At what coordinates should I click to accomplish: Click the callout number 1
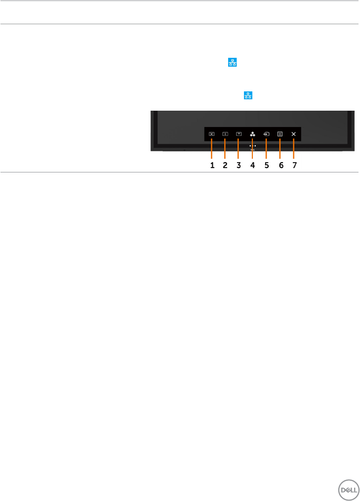click(212, 165)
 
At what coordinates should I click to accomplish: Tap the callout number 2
click(225, 165)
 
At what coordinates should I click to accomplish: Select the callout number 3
click(239, 165)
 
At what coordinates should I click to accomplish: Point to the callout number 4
click(252, 165)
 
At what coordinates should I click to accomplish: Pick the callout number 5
click(266, 165)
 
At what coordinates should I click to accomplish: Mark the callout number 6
click(281, 165)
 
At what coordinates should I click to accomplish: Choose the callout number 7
click(294, 165)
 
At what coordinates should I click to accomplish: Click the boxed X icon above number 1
click(211, 133)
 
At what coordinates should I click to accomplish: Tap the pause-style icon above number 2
click(225, 133)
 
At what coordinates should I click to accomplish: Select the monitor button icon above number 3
click(239, 133)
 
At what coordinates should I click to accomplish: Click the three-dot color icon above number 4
click(252, 133)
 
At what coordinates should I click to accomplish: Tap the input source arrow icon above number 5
click(266, 133)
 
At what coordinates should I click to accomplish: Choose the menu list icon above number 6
click(280, 133)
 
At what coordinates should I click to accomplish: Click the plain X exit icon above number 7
click(294, 133)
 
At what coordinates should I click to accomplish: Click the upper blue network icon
click(232, 63)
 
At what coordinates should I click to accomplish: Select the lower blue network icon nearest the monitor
click(248, 95)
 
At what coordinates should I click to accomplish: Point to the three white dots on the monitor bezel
click(252, 146)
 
